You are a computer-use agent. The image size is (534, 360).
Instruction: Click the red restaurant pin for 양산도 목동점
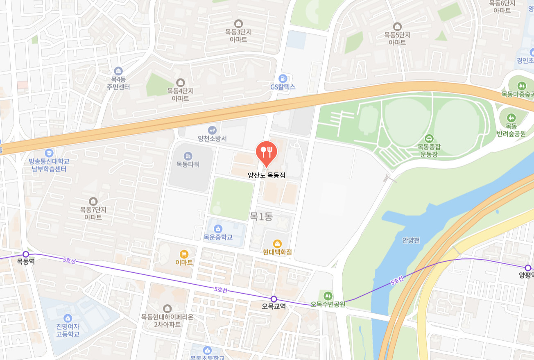266,152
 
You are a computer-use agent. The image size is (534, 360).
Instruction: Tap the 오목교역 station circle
274,299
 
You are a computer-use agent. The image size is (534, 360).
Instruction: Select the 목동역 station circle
26,254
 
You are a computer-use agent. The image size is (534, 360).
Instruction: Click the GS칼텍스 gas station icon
282,78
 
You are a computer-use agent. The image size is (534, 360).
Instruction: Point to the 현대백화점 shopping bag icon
277,244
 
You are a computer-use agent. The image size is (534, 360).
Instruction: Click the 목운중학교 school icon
218,229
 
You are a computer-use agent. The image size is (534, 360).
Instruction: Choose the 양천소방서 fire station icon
212,130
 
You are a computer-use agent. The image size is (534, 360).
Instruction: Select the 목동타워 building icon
188,156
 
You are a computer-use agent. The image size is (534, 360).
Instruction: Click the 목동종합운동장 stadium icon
429,138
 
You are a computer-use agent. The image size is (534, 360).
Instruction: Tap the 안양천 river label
411,240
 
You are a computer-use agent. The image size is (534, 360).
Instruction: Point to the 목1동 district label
261,216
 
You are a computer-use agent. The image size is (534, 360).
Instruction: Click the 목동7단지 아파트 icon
93,201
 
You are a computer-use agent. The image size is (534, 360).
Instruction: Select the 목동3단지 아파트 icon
238,23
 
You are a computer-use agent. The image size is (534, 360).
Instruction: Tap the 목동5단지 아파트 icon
397,27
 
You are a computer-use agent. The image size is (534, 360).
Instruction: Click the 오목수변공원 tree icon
328,295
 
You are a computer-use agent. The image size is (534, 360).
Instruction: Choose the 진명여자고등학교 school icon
68,318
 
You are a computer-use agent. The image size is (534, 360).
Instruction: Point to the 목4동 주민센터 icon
118,71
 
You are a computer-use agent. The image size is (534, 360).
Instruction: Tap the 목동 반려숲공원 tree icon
511,118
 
